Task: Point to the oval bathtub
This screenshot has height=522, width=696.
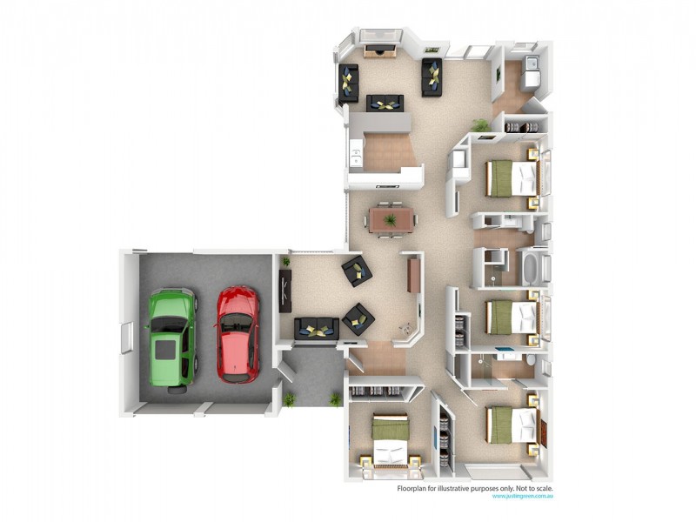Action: (x=530, y=266)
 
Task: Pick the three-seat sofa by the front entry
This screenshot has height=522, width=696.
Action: (x=316, y=328)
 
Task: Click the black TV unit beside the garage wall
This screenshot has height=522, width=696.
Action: (x=284, y=290)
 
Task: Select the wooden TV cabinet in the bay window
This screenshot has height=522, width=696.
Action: (x=380, y=50)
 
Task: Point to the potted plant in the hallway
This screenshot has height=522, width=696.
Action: (x=479, y=125)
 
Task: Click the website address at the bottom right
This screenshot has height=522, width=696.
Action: (x=523, y=497)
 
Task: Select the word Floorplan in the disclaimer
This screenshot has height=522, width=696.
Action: (x=414, y=489)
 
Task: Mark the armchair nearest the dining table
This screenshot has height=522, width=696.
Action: (x=357, y=271)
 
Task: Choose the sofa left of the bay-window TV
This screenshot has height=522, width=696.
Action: (x=348, y=82)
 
